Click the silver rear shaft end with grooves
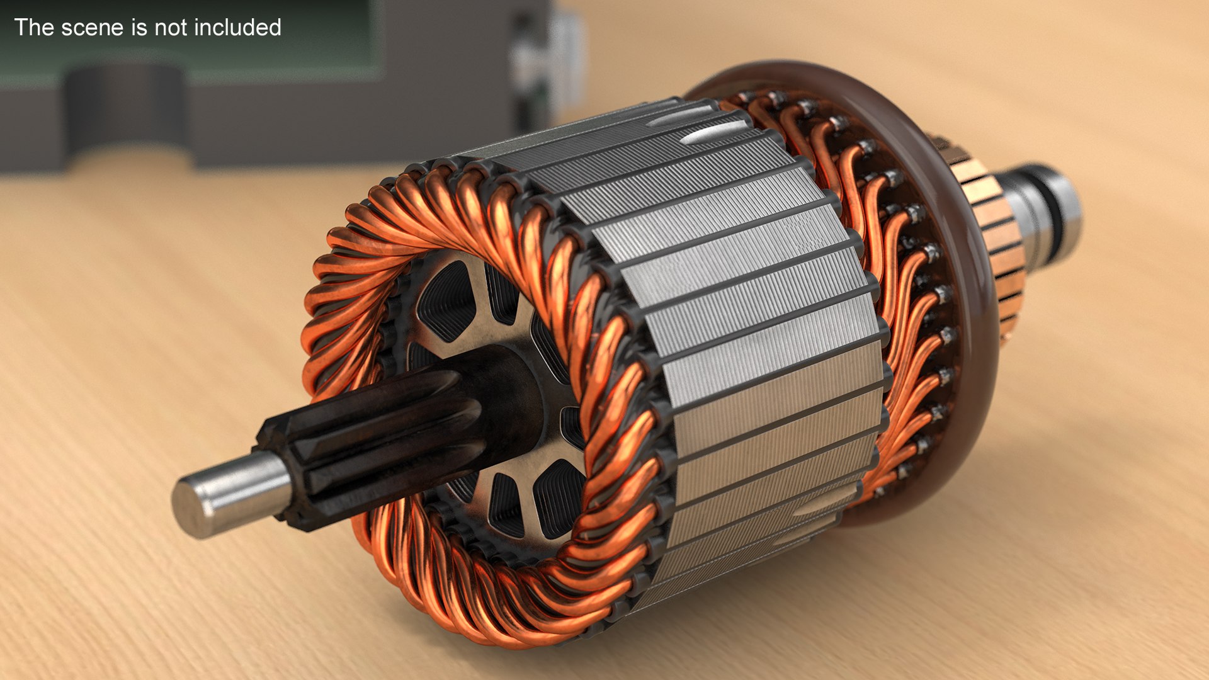[1048, 208]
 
